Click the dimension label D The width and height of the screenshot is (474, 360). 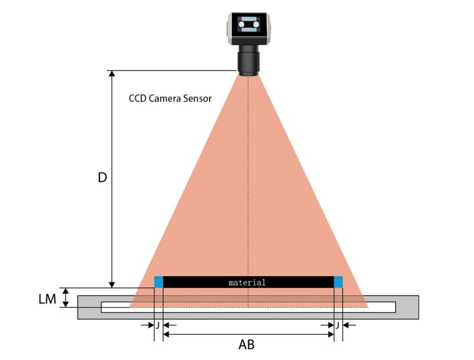[x=102, y=178]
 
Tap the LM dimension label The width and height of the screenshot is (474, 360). [x=47, y=299]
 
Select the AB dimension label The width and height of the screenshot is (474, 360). [x=246, y=345]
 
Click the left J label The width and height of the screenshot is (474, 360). [x=158, y=325]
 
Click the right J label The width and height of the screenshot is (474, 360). [x=337, y=325]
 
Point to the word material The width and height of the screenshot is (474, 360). [x=247, y=282]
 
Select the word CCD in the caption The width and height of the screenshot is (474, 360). [x=138, y=99]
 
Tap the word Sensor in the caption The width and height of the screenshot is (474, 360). [x=198, y=99]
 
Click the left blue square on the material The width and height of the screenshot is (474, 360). [x=158, y=282]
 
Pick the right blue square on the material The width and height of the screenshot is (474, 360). [x=338, y=282]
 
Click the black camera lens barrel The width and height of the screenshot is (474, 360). [x=248, y=60]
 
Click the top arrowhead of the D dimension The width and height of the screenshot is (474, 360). [x=112, y=74]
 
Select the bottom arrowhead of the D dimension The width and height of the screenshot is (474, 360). [x=112, y=284]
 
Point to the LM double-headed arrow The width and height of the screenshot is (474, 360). [x=66, y=298]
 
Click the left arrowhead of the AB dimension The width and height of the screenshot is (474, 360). [x=166, y=335]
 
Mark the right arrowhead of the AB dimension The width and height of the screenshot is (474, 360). [x=330, y=335]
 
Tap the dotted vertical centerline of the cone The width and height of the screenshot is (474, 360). [x=248, y=182]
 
